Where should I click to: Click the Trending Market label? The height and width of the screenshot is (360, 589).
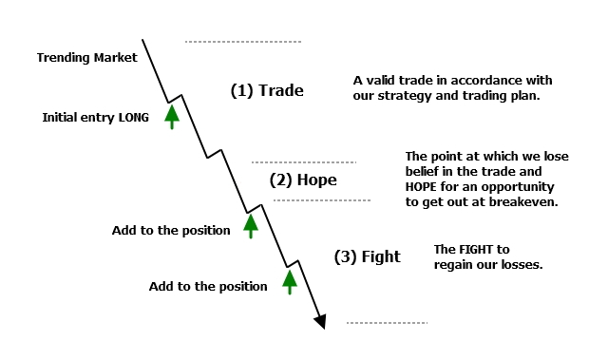click(87, 58)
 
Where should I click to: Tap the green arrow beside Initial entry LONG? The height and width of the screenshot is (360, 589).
click(172, 117)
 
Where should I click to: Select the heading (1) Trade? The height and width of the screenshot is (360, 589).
click(267, 90)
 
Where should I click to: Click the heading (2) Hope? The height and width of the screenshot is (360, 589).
click(303, 180)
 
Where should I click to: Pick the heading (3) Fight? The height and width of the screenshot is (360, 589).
click(368, 256)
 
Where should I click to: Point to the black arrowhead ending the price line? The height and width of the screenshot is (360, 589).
click(320, 321)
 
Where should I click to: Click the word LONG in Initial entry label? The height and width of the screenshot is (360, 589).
click(134, 118)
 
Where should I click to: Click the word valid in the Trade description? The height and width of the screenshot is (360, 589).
click(379, 81)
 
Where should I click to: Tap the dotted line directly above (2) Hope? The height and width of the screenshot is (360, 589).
click(304, 162)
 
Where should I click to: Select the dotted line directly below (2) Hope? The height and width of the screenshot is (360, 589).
click(322, 200)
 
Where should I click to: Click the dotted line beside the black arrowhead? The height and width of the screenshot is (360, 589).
click(387, 323)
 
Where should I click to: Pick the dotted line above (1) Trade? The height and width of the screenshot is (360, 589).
click(243, 42)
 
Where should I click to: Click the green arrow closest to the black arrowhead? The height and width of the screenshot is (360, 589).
click(290, 282)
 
